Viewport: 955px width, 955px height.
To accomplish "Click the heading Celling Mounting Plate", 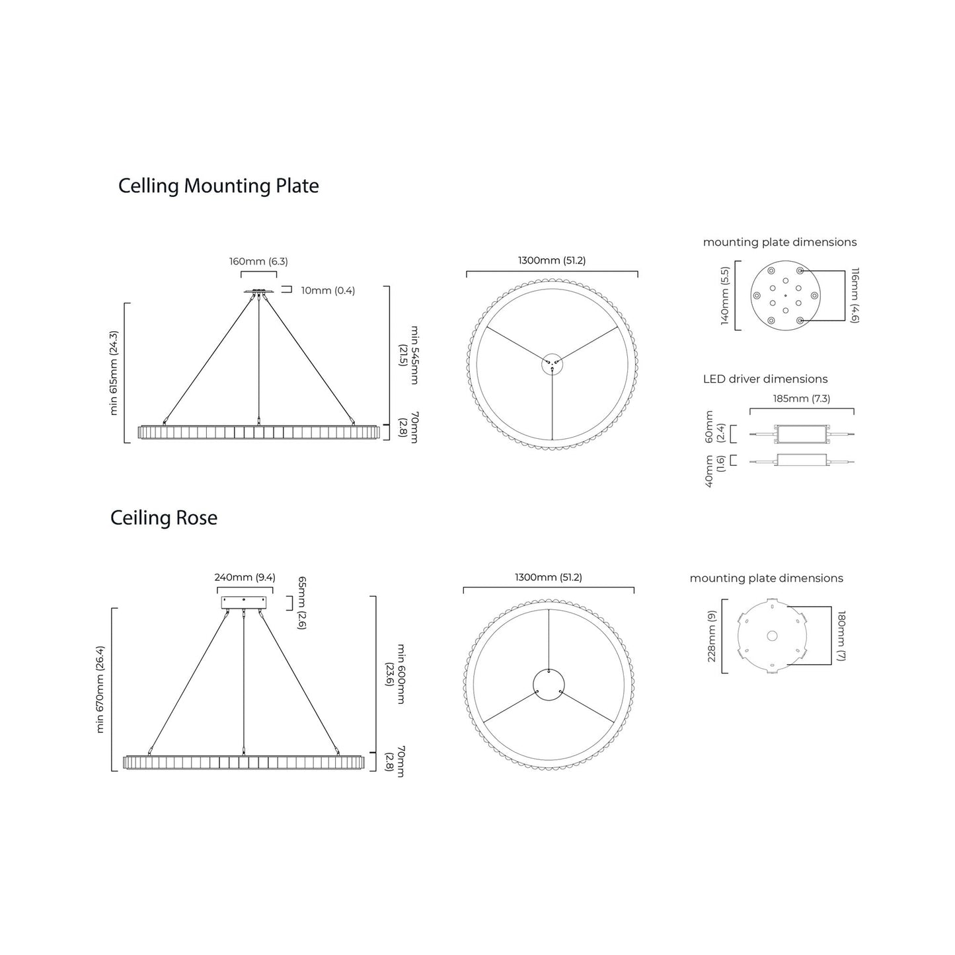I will (218, 186).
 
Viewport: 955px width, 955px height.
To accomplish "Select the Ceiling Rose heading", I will (164, 517).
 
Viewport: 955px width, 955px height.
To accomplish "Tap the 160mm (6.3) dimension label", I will (258, 261).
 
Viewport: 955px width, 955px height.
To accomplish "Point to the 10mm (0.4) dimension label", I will (328, 291).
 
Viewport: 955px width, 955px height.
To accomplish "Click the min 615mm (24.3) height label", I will (114, 373).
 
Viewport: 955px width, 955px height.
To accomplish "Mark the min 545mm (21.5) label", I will (408, 355).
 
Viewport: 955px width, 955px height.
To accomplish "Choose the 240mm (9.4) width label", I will (245, 577).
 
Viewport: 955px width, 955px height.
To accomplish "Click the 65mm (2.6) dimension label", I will (301, 602).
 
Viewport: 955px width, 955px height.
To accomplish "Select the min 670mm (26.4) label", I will (100, 689).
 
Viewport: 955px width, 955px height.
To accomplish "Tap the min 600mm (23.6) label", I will (395, 673).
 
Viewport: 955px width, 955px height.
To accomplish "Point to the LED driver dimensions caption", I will (765, 379).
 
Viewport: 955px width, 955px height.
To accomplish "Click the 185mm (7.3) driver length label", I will (801, 399).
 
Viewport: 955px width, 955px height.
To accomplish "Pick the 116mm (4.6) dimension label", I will (855, 295).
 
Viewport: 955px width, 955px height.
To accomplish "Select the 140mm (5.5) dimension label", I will (725, 295).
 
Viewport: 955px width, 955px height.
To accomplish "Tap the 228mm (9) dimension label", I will (712, 636).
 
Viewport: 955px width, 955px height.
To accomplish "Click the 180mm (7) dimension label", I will (841, 636).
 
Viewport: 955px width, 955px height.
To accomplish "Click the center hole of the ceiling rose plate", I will (771, 636).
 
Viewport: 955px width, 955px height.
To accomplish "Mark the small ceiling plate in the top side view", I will (258, 291).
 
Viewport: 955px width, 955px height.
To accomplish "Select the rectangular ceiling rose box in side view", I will (245, 603).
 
